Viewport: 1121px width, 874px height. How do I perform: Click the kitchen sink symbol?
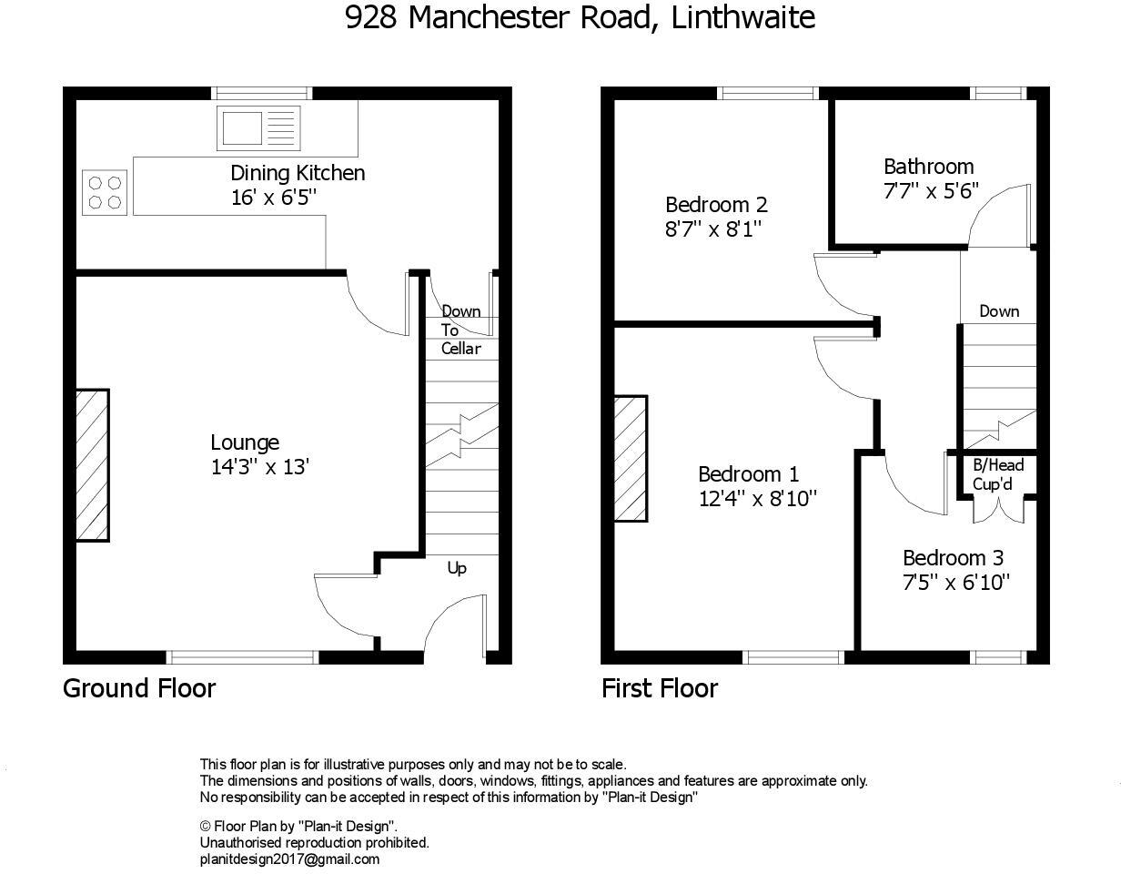[x=257, y=127]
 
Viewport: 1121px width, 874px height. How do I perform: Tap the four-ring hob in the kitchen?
[x=105, y=192]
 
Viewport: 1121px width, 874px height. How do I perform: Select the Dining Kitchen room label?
[x=298, y=173]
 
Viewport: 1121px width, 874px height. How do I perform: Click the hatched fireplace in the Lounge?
[x=92, y=466]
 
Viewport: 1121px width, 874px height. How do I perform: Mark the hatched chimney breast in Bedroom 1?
[x=631, y=458]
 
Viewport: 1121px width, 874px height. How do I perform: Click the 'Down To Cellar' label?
[x=461, y=330]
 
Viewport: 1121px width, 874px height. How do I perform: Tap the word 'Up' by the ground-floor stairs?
[x=457, y=568]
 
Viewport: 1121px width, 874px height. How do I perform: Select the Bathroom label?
[x=928, y=167]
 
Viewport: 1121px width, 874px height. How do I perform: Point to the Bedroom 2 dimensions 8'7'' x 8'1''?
[x=712, y=229]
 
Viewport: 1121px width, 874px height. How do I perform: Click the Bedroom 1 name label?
[x=748, y=474]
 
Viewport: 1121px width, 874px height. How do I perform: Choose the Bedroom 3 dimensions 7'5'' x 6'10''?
[x=956, y=582]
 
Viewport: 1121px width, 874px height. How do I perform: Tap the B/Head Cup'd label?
[x=998, y=474]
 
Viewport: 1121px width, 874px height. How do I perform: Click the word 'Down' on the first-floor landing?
[x=999, y=311]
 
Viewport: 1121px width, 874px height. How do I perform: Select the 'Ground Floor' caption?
[x=139, y=687]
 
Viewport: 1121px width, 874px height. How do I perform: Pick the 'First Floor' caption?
[x=660, y=687]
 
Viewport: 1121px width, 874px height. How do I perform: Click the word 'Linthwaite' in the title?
[x=742, y=18]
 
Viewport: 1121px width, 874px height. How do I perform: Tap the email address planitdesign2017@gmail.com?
[x=289, y=859]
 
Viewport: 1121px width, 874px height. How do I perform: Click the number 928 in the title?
[x=370, y=18]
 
